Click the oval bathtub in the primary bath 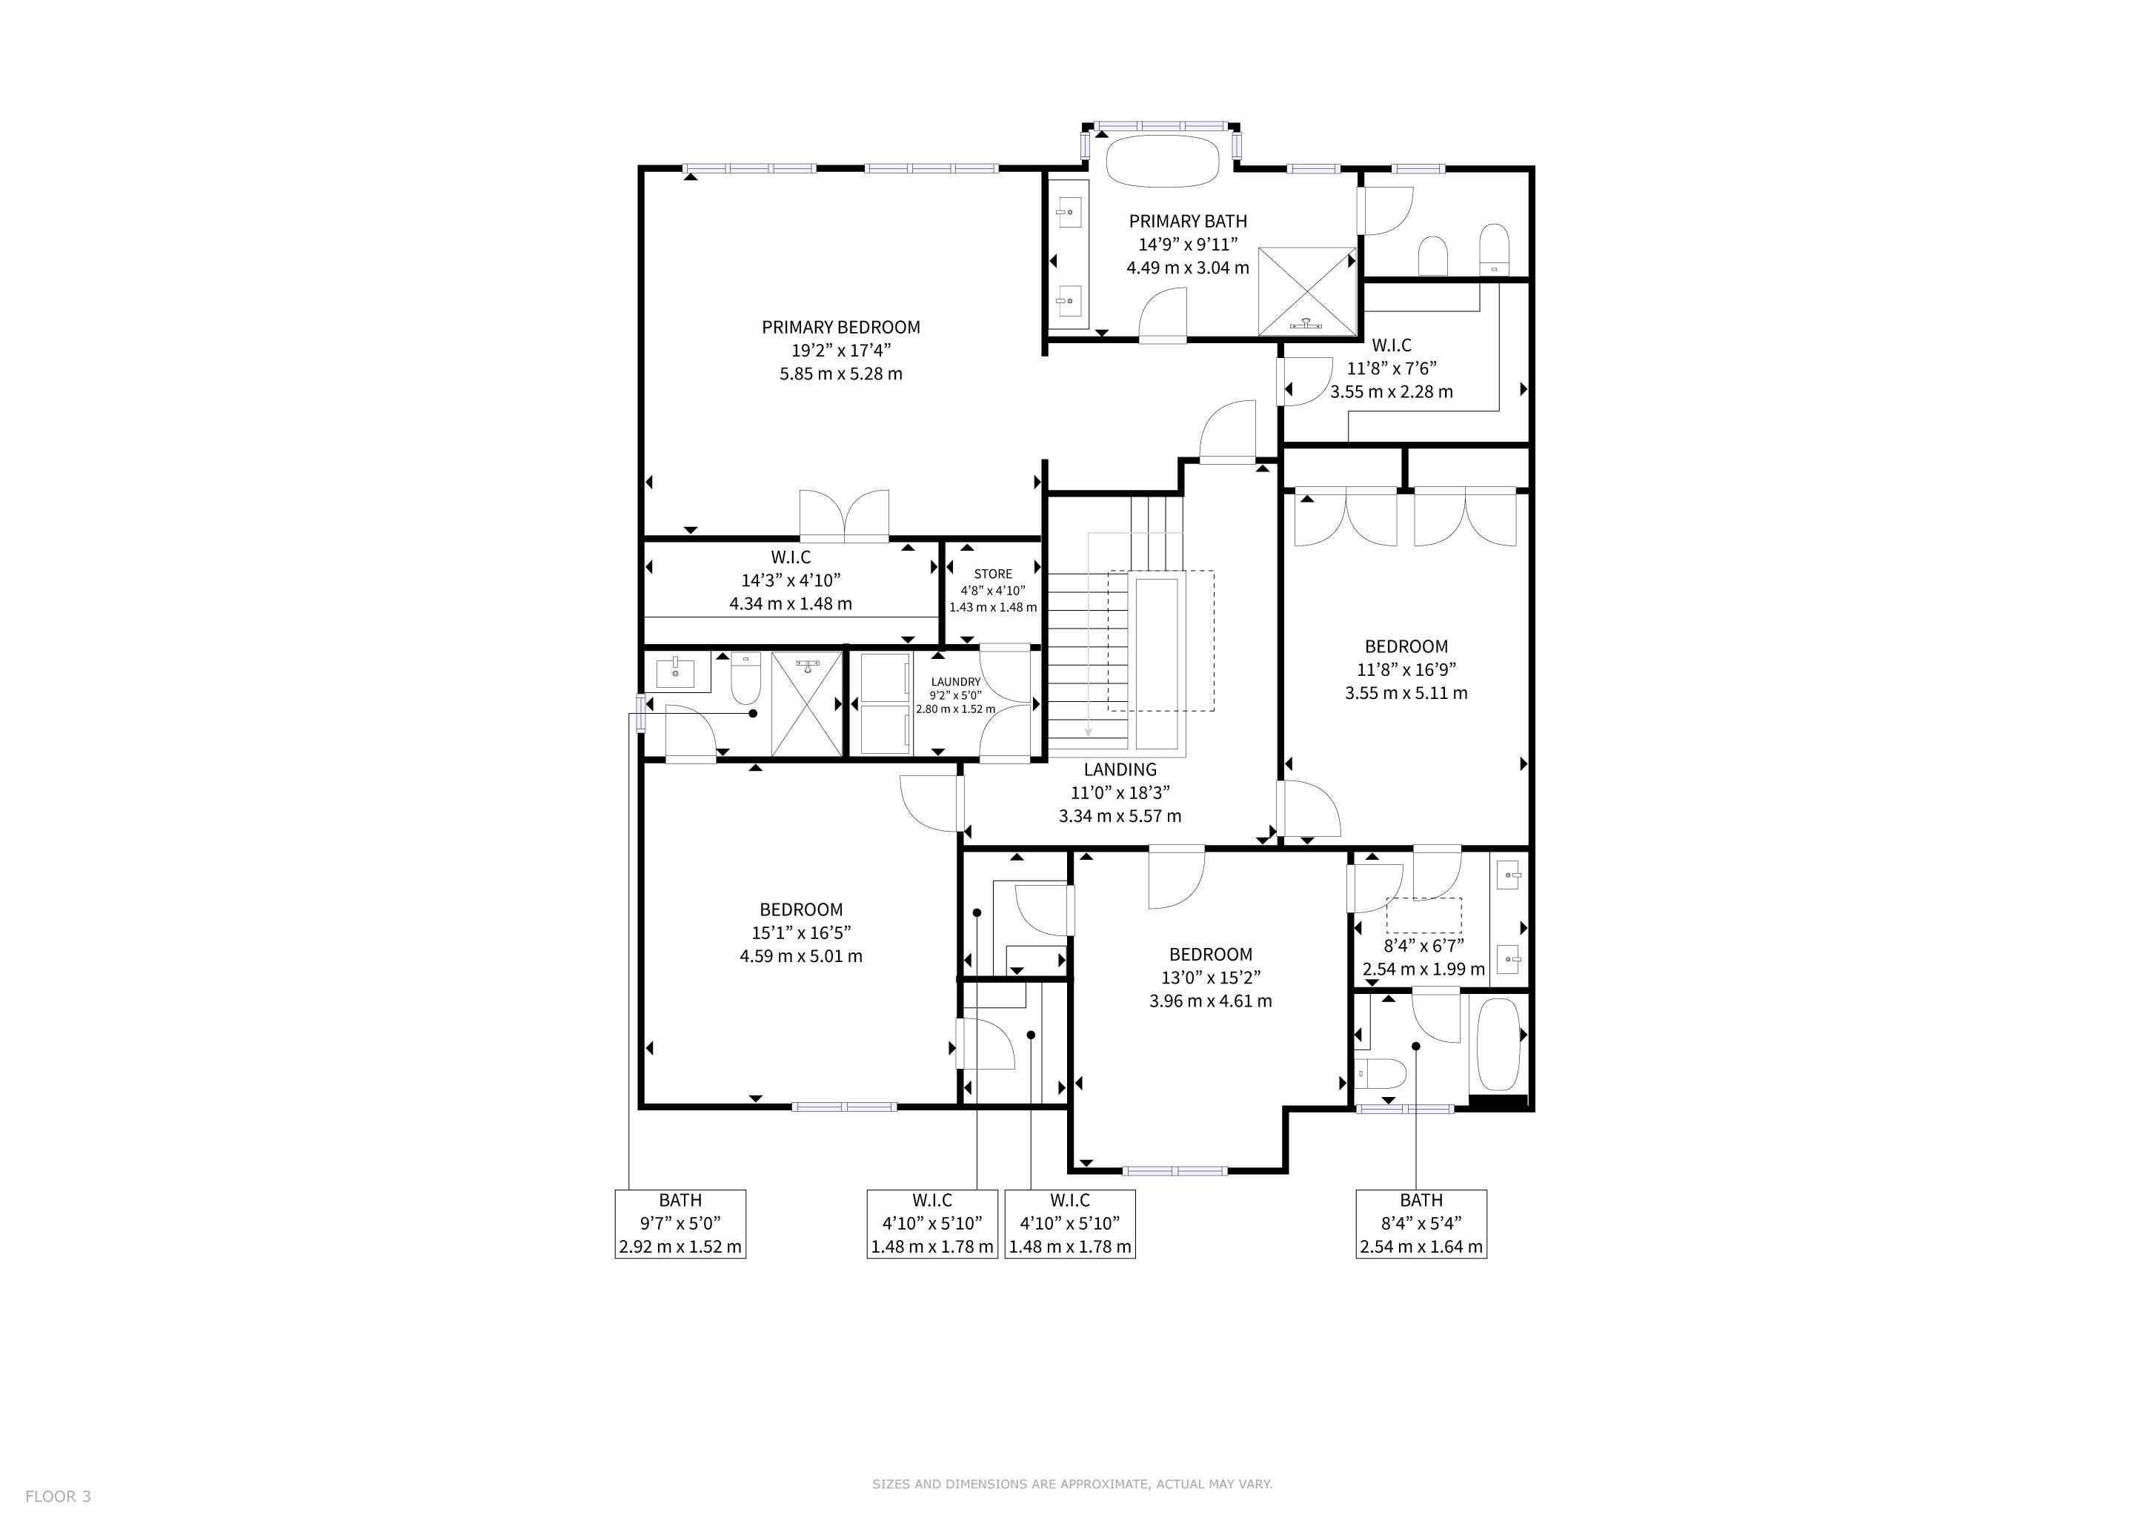[1163, 162]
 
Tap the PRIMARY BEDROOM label [840, 327]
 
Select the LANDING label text [1120, 769]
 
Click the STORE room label [993, 574]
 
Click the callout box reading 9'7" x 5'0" [680, 1224]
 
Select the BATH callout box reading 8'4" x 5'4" [1421, 1224]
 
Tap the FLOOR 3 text [58, 1496]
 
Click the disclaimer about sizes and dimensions [1072, 1483]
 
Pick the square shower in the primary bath [1306, 291]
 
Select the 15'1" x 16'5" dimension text [801, 933]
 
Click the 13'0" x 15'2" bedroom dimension [1210, 978]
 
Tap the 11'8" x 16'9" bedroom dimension [1406, 669]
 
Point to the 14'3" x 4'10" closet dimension [791, 580]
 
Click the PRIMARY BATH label [1188, 222]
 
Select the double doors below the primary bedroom [844, 515]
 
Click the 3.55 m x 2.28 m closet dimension [1392, 391]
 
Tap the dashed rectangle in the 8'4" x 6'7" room [1424, 915]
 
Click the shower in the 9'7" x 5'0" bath [808, 704]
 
